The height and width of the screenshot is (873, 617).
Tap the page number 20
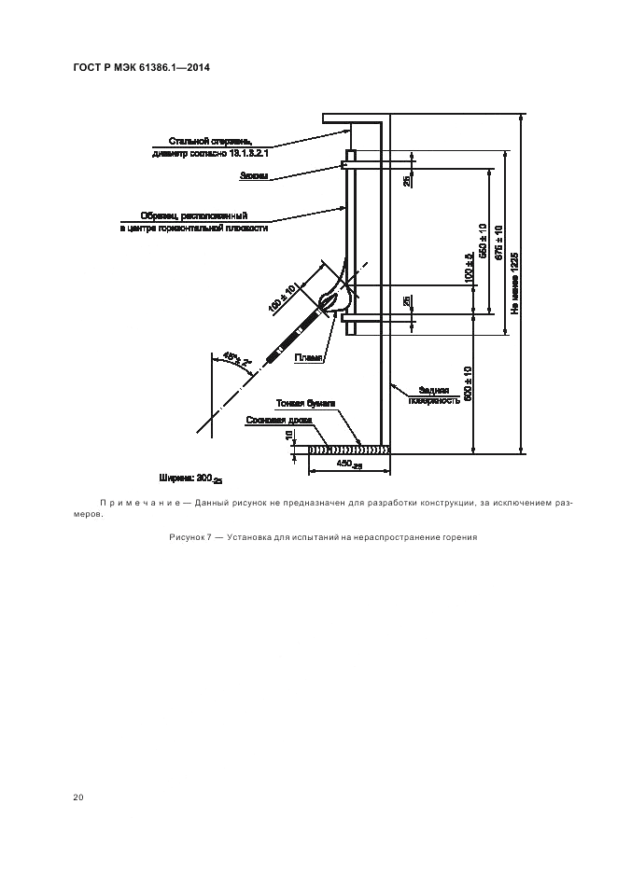point(78,797)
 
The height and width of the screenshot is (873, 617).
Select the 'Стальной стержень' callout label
point(217,140)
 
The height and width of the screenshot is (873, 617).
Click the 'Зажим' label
point(254,175)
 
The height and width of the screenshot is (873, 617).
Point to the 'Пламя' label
point(308,357)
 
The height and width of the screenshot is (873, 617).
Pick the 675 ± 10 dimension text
point(499,244)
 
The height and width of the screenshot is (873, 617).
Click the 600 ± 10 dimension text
point(468,382)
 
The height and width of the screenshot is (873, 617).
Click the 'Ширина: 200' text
point(190,478)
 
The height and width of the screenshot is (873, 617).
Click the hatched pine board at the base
point(348,449)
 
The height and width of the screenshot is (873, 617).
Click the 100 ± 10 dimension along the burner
point(282,296)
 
